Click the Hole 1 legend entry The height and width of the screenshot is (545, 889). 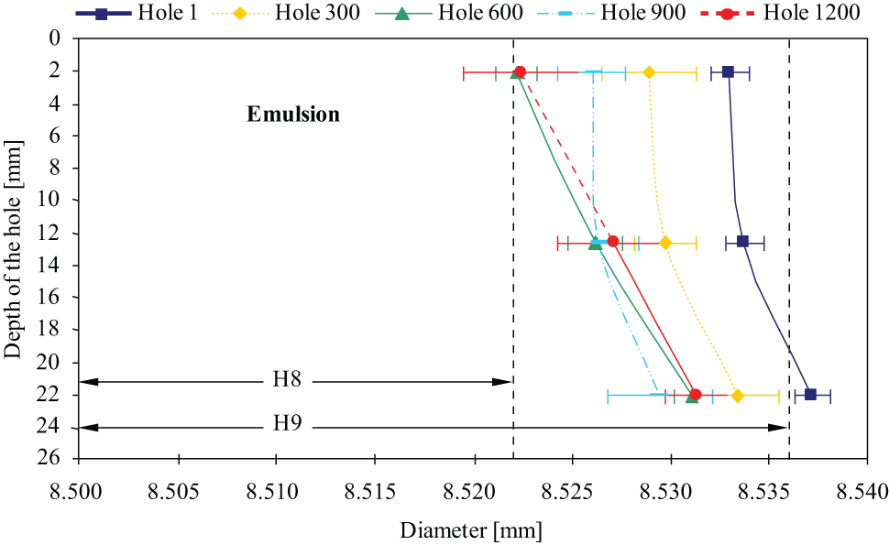137,13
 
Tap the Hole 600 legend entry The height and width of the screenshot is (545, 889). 449,13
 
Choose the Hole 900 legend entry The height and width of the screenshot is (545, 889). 611,13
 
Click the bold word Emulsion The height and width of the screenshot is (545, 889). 293,114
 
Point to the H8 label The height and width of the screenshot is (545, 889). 287,378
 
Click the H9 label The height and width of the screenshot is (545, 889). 287,423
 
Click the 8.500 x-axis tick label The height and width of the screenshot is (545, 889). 79,492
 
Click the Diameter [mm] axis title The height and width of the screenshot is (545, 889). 471,531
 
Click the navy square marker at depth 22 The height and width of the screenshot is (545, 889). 810,394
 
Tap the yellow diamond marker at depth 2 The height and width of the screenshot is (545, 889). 649,72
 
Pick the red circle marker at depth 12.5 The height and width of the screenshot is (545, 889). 613,241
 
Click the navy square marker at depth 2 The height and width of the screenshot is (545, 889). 728,72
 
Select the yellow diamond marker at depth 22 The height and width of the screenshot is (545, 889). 737,396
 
